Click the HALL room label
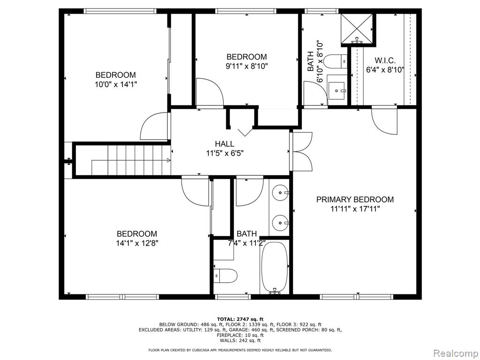[225, 143]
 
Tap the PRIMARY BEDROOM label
[355, 200]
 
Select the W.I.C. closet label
[385, 60]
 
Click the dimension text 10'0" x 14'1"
[116, 84]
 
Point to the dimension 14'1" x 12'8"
[137, 243]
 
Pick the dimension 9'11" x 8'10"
[247, 66]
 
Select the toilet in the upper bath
[336, 61]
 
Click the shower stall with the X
[357, 29]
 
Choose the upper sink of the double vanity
[281, 193]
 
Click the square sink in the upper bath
[337, 90]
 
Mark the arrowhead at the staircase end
[169, 160]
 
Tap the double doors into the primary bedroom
[301, 151]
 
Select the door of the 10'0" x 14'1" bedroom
[155, 127]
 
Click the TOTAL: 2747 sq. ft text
[240, 319]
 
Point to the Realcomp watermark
[456, 353]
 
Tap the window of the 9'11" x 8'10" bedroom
[246, 11]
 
